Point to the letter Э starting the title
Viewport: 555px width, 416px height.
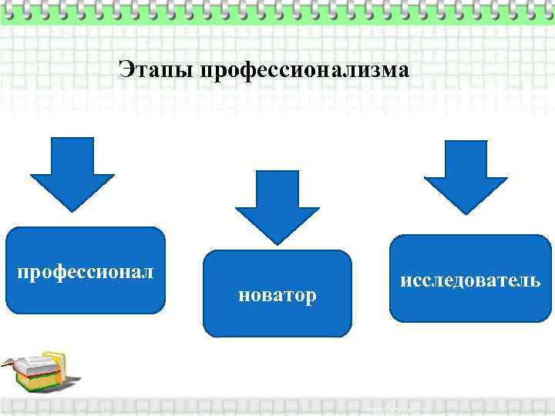click(x=126, y=70)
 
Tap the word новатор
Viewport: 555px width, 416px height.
click(x=277, y=295)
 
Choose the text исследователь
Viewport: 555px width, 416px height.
click(x=471, y=279)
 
